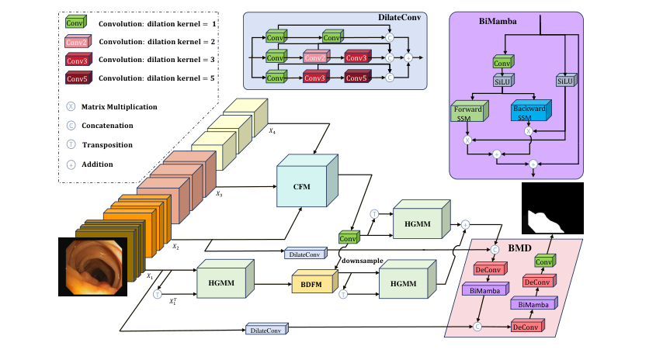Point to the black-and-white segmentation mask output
[552, 209]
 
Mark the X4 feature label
[272, 131]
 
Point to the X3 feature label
[220, 194]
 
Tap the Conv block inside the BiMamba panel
[502, 62]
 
